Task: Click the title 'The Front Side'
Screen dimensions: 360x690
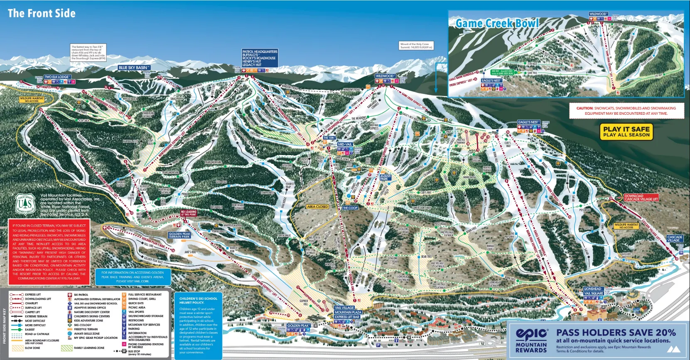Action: tap(42, 13)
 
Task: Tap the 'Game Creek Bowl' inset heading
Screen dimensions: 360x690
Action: tap(497, 23)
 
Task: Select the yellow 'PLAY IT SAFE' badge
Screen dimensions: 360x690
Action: tap(626, 132)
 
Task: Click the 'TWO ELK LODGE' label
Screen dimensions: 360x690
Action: tap(57, 77)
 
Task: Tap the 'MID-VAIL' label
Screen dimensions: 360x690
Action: tap(345, 145)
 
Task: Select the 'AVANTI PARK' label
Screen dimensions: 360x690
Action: tap(386, 177)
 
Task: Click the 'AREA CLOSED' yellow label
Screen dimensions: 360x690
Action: tap(318, 207)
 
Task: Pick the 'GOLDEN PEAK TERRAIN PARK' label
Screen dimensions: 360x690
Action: tap(179, 235)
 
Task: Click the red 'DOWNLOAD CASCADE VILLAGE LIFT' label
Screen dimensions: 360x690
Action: tap(641, 197)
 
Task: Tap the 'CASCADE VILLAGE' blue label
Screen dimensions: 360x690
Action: tap(675, 239)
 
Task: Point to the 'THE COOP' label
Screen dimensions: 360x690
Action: tap(350, 208)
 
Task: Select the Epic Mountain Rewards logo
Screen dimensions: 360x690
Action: tap(531, 340)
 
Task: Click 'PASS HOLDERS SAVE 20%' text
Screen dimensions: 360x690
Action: tap(616, 333)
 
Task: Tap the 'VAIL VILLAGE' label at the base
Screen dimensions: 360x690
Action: tap(344, 308)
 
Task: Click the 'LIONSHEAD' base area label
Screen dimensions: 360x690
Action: tap(593, 289)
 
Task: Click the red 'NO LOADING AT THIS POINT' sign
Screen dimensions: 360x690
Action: tap(189, 213)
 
